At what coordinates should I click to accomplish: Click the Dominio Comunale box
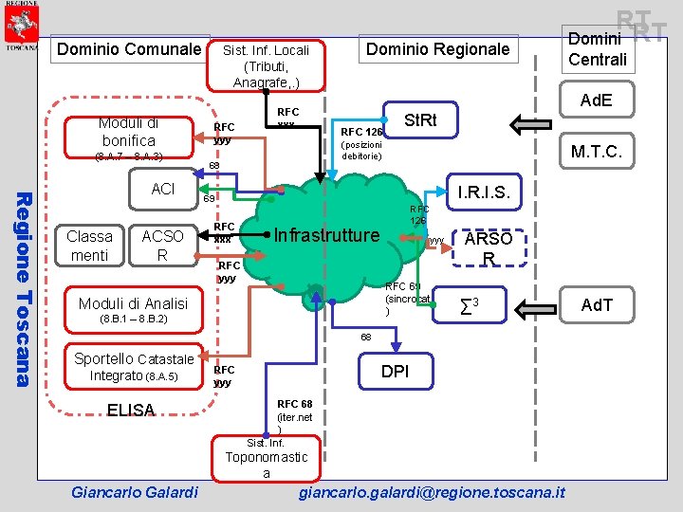pyautogui.click(x=130, y=49)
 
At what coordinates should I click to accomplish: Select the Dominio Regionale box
pyautogui.click(x=437, y=49)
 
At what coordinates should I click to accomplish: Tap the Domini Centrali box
pyautogui.click(x=597, y=48)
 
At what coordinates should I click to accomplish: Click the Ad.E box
pyautogui.click(x=597, y=101)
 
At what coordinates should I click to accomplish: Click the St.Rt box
pyautogui.click(x=420, y=120)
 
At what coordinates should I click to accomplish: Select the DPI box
pyautogui.click(x=395, y=371)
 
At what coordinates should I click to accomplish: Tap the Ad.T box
pyautogui.click(x=597, y=304)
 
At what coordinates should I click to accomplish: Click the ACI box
pyautogui.click(x=163, y=189)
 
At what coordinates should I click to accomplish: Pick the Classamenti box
pyautogui.click(x=90, y=246)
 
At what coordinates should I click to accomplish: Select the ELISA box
pyautogui.click(x=131, y=410)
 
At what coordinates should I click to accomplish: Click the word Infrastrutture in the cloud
pyautogui.click(x=326, y=235)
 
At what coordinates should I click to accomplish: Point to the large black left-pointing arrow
pyautogui.click(x=536, y=122)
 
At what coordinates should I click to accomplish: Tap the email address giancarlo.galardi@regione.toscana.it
pyautogui.click(x=432, y=492)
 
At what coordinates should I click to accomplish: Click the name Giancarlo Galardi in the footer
pyautogui.click(x=135, y=492)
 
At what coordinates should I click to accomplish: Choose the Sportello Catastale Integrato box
pyautogui.click(x=134, y=368)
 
